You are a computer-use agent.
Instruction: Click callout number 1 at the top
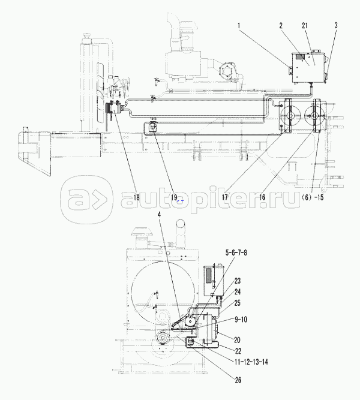tap(239, 26)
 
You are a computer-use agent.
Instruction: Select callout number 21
tap(305, 26)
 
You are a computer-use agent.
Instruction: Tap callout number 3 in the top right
tap(336, 26)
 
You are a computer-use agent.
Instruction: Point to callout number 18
tap(136, 197)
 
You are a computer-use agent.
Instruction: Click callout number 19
tap(175, 197)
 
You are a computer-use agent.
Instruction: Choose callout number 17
tap(225, 197)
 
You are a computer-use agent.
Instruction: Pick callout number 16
tap(262, 197)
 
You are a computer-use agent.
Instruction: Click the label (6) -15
tap(313, 197)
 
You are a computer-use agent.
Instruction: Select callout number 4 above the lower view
tap(160, 215)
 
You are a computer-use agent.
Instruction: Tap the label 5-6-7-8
tap(236, 253)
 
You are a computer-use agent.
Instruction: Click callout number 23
tap(238, 281)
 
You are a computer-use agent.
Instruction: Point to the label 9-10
tap(240, 320)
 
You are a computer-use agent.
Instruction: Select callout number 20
tap(237, 340)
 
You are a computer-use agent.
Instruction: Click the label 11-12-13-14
tap(251, 362)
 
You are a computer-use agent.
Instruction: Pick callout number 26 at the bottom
tap(238, 380)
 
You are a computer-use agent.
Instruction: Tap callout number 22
tap(238, 351)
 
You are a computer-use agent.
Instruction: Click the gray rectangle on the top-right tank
tap(300, 57)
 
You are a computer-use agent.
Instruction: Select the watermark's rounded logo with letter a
tap(87, 200)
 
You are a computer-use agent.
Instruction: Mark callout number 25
tap(238, 303)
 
